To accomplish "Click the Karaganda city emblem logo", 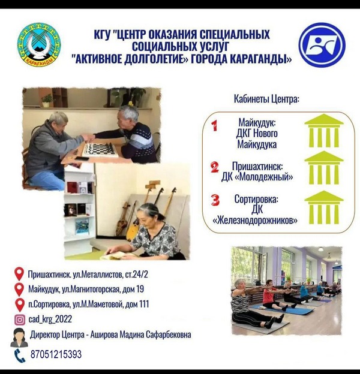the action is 39,44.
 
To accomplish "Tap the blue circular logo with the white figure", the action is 322,45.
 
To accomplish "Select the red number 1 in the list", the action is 215,125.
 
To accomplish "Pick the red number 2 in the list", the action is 215,167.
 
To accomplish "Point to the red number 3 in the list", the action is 215,200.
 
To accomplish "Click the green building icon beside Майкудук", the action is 324,131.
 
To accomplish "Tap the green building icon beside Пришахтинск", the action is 324,168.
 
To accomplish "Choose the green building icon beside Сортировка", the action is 324,207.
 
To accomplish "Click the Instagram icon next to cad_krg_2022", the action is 20,319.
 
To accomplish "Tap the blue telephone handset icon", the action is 20,355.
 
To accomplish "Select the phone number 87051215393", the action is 56,354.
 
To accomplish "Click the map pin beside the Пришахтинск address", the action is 19,274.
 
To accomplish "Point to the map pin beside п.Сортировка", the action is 20,305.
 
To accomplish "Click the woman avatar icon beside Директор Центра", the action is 19,337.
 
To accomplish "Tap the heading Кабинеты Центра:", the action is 266,99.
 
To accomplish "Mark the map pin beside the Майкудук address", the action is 19,289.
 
